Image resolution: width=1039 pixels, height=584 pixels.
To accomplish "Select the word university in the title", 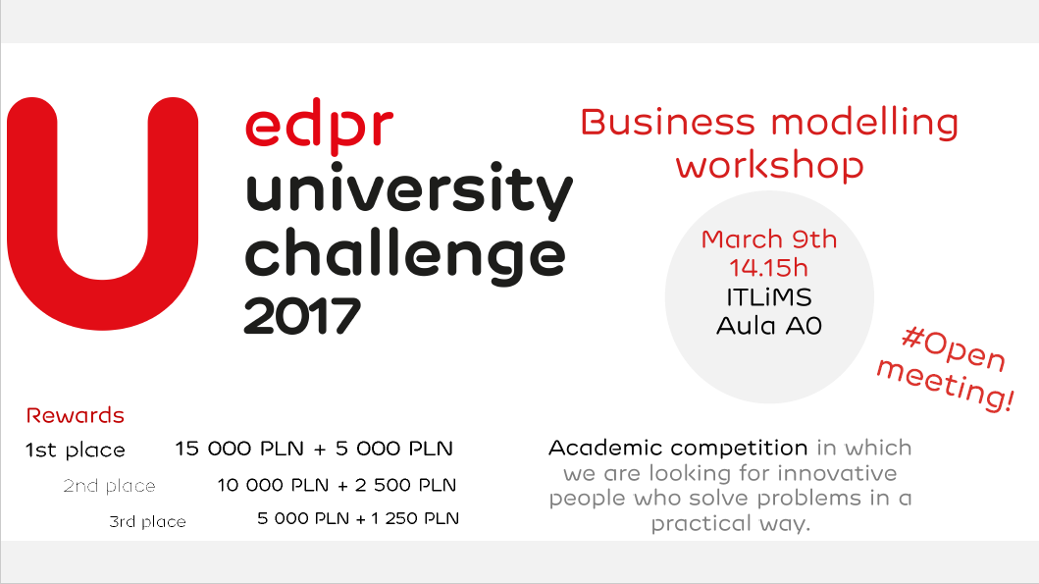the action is (x=409, y=190).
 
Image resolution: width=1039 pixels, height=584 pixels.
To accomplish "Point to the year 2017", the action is (x=302, y=316).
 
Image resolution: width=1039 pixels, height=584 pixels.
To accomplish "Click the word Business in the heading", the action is (x=667, y=123).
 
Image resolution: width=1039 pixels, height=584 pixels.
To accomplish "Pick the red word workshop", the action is (x=769, y=165).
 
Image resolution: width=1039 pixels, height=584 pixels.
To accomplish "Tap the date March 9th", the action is (x=768, y=239).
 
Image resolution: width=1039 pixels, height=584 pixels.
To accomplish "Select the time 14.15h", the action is (x=768, y=268).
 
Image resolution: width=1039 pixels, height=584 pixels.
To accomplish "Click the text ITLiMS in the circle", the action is (x=768, y=297).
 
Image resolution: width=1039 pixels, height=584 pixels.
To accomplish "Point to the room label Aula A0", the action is (x=768, y=326).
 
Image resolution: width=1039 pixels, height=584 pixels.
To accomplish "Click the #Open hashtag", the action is (x=954, y=348).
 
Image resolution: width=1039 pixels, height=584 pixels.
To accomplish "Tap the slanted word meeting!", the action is (x=945, y=385).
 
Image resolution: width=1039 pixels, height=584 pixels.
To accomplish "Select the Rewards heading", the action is (x=75, y=415).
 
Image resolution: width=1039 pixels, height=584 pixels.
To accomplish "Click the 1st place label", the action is (x=75, y=451).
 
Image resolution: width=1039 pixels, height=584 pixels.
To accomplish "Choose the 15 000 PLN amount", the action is (x=239, y=449).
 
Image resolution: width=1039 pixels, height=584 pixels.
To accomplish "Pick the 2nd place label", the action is (x=109, y=486).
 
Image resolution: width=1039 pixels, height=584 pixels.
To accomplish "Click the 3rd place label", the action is (x=147, y=522).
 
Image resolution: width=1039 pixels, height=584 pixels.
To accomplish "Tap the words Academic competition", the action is (x=678, y=449).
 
